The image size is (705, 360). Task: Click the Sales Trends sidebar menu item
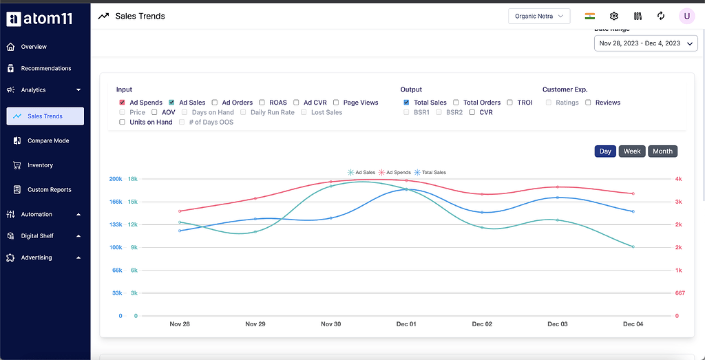coord(45,116)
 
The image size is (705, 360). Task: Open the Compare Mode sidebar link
coord(48,141)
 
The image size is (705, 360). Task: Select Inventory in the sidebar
coord(40,165)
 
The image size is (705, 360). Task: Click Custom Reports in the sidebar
coord(49,190)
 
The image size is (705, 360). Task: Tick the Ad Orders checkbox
coord(215,103)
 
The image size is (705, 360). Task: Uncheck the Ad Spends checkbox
coord(123,103)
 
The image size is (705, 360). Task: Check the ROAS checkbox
coord(262,103)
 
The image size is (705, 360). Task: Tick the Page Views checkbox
coord(336,103)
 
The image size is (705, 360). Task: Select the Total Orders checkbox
coord(456,103)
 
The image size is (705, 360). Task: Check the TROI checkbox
coord(510,103)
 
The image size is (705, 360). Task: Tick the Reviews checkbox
coord(588,103)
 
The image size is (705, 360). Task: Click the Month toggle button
coord(662,151)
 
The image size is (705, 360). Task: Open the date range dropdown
coord(645,43)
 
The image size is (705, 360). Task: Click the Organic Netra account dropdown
coord(538,16)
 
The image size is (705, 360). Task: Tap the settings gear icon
coord(614,16)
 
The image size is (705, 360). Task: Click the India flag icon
coord(590,16)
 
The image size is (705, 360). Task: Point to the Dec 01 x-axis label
coord(406,324)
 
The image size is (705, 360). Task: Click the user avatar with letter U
coord(686,16)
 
